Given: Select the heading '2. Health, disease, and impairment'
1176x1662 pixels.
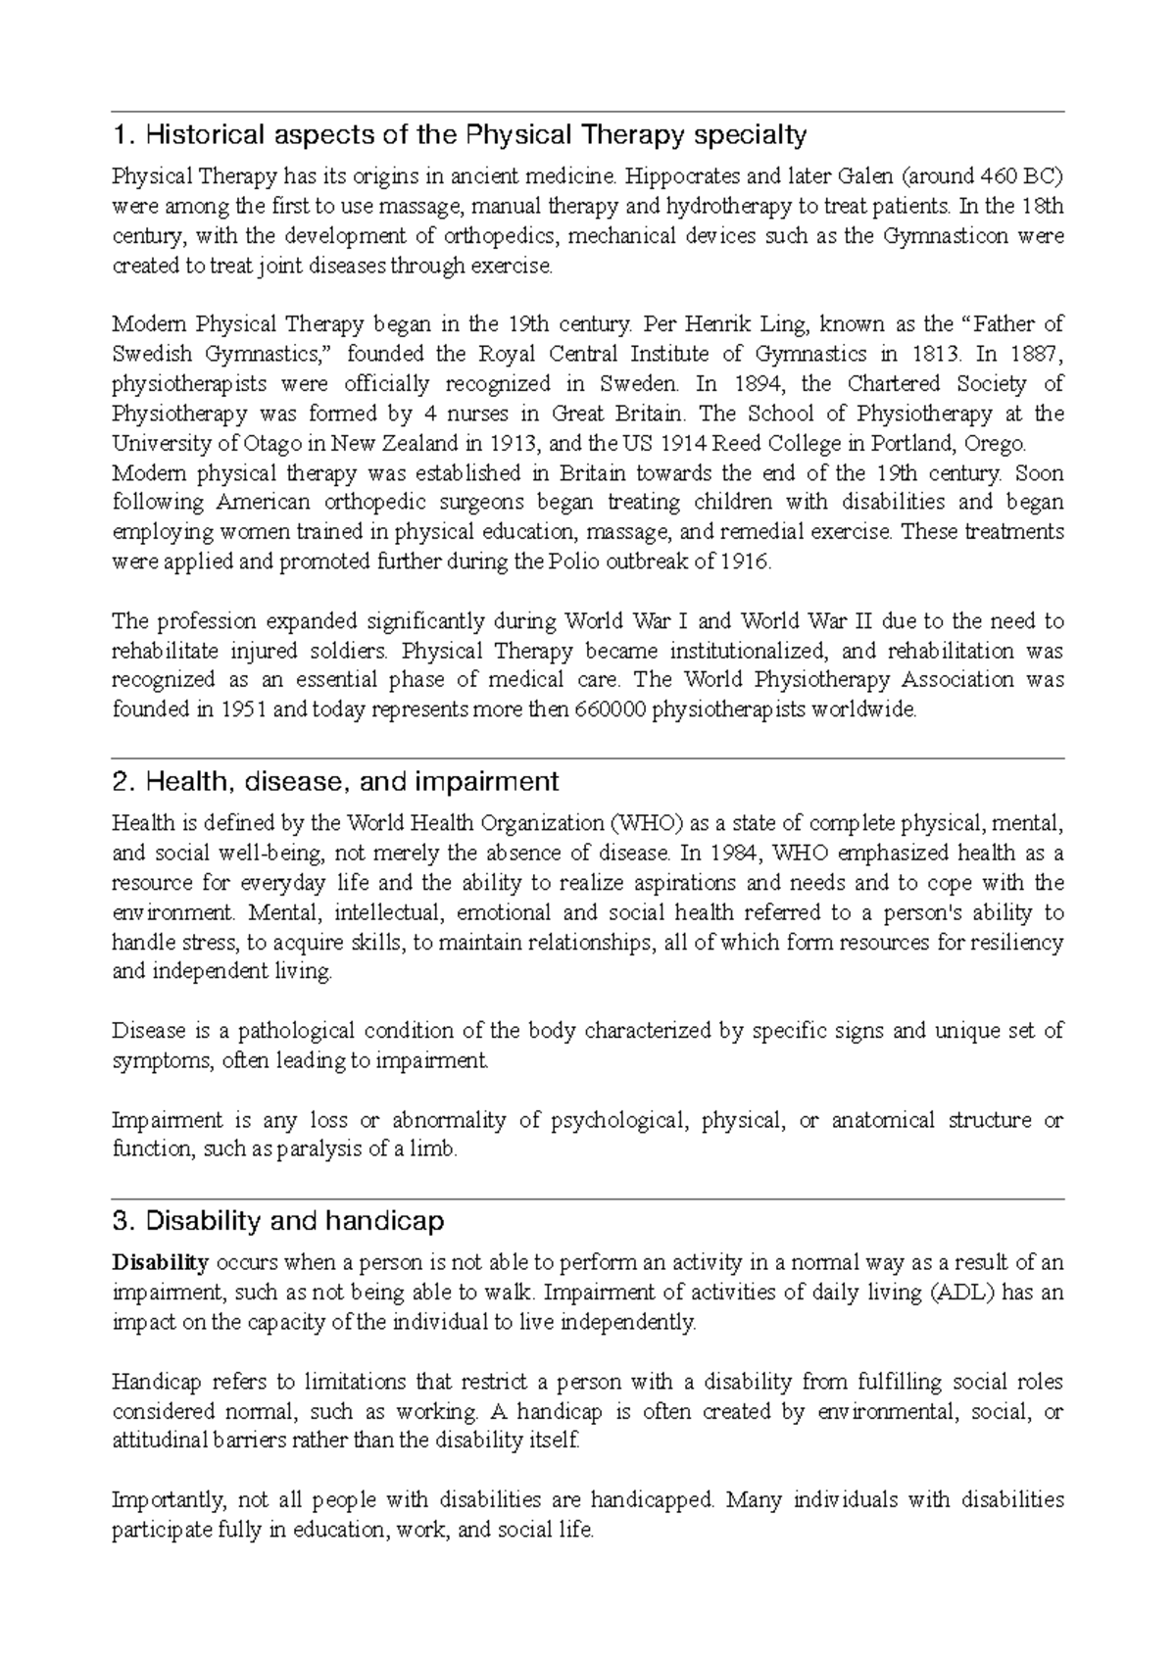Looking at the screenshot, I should (x=335, y=781).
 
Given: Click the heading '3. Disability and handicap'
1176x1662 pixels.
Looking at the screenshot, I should (x=278, y=1221).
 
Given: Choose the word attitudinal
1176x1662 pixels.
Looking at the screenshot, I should (x=159, y=1442).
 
